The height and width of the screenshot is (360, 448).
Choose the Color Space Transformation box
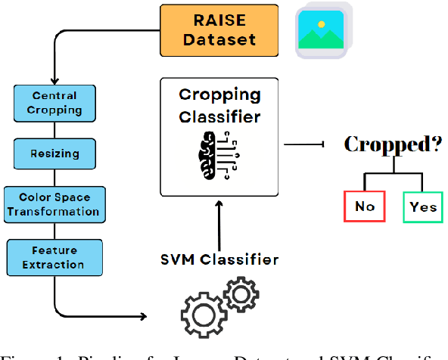[x=55, y=204]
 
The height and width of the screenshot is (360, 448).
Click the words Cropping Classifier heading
[x=219, y=106]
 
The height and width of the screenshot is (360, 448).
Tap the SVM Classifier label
[x=219, y=259]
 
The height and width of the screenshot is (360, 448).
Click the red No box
[x=364, y=206]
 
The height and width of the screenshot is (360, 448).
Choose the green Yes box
[x=423, y=206]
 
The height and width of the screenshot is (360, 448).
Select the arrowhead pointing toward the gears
[x=144, y=315]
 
